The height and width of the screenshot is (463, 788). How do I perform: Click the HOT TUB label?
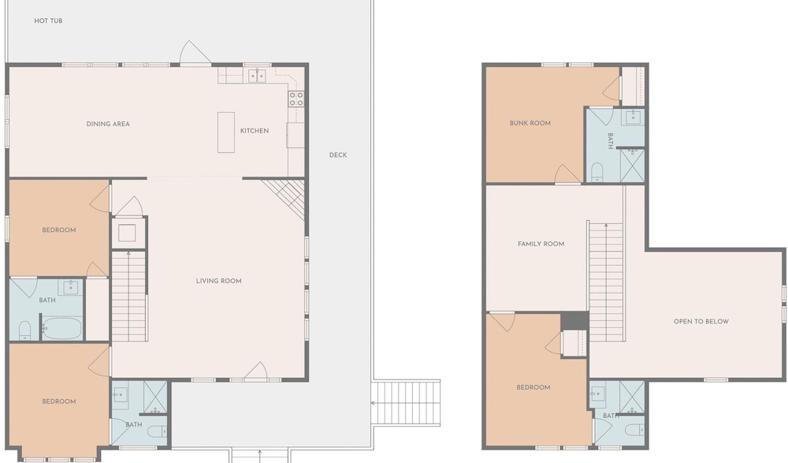coord(48,21)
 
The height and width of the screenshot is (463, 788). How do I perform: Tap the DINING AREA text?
coord(108,124)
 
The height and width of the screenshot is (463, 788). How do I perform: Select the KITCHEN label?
coord(255,131)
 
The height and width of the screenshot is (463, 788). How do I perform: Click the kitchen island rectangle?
coord(226,133)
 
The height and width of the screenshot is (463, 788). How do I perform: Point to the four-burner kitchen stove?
coord(296,99)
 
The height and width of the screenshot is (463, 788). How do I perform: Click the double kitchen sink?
coord(258,76)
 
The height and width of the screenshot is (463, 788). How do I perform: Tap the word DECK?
coord(338,155)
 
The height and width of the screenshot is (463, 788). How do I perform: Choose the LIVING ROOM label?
coord(218,281)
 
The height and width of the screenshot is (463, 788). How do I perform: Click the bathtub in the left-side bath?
coord(61,328)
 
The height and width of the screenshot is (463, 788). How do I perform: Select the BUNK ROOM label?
coord(530,123)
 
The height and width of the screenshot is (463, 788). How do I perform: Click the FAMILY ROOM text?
coord(541,244)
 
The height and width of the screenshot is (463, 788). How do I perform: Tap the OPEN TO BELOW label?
coord(701,321)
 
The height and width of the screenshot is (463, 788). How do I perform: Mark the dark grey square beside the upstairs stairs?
coord(574,320)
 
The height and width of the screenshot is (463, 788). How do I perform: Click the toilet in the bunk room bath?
coord(597,171)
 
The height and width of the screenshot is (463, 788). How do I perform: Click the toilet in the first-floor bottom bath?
coord(158,431)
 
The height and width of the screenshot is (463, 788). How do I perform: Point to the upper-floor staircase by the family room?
coord(606,282)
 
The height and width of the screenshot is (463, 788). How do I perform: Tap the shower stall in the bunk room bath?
coord(632,165)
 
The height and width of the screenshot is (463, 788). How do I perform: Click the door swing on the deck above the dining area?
coord(195,53)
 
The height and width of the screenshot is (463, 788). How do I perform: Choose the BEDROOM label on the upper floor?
coord(533,387)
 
